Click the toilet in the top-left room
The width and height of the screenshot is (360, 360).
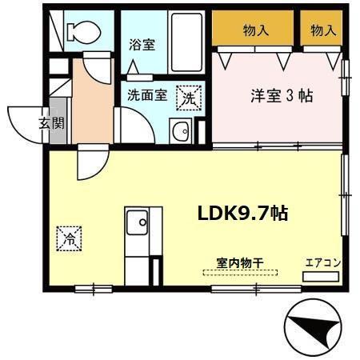click(x=82, y=32)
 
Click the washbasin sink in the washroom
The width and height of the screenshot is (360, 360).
click(x=182, y=131)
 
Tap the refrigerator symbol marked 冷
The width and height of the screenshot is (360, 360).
click(x=69, y=238)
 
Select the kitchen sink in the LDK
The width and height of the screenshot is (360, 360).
click(x=137, y=220)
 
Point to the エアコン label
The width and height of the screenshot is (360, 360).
click(x=323, y=262)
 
